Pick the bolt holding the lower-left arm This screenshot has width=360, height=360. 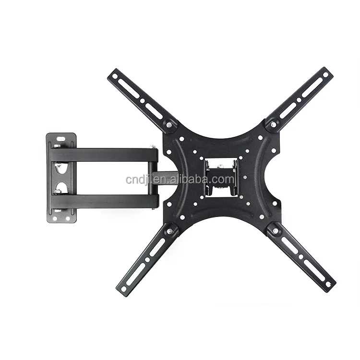170,232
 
